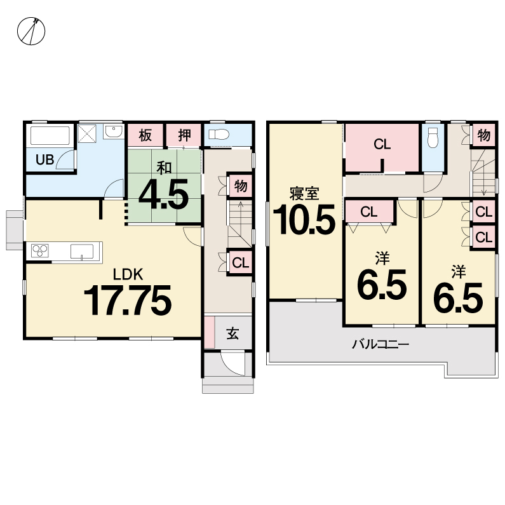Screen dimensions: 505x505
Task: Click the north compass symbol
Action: pyautogui.click(x=31, y=31)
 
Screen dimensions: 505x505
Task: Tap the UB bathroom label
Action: pyautogui.click(x=44, y=159)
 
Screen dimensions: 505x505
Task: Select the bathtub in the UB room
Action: pyautogui.click(x=50, y=135)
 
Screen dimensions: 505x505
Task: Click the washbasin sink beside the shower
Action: pyautogui.click(x=113, y=131)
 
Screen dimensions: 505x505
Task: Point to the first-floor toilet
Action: pyautogui.click(x=219, y=133)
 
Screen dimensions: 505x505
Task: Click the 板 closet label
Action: pyautogui.click(x=145, y=135)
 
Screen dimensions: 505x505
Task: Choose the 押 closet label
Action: pyautogui.click(x=184, y=135)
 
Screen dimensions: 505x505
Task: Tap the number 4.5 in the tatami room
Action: pyautogui.click(x=164, y=194)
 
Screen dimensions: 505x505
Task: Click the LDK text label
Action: pyautogui.click(x=128, y=274)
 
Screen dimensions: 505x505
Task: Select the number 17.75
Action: pyautogui.click(x=128, y=300)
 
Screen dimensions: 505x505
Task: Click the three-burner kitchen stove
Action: pyautogui.click(x=40, y=250)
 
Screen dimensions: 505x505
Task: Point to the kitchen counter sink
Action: pyautogui.click(x=82, y=251)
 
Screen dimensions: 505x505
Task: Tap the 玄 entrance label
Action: pyautogui.click(x=232, y=333)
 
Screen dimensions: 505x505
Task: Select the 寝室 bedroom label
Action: pyautogui.click(x=304, y=193)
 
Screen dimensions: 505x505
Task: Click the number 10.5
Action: pyautogui.click(x=304, y=219)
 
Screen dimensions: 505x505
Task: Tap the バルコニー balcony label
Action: pyautogui.click(x=380, y=344)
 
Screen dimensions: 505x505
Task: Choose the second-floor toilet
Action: pyautogui.click(x=433, y=137)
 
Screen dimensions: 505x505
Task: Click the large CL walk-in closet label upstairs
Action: pyautogui.click(x=382, y=144)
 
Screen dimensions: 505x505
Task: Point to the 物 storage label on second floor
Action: pyautogui.click(x=484, y=135)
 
